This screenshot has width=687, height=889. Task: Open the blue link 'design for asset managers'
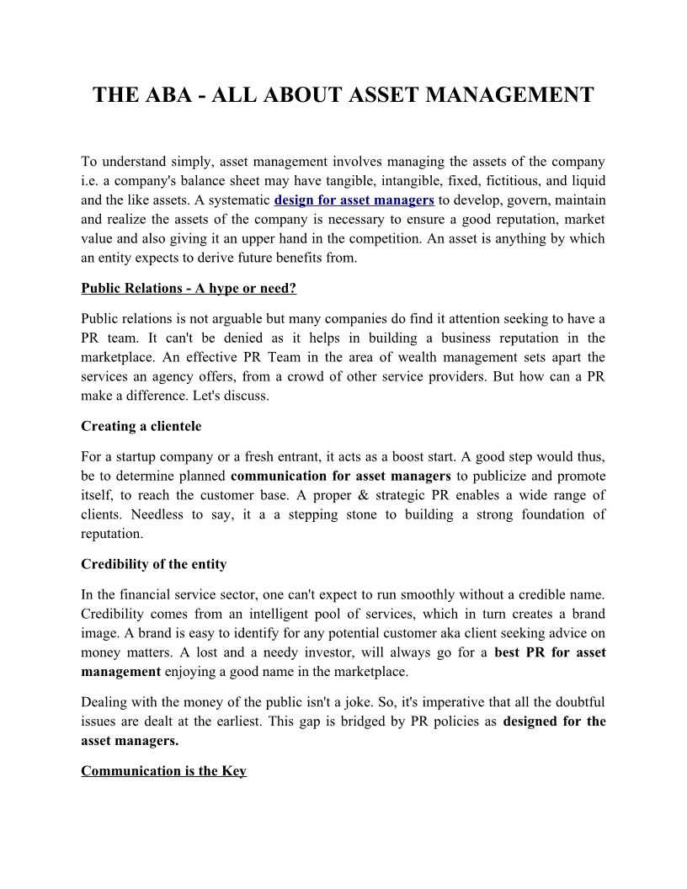tap(354, 200)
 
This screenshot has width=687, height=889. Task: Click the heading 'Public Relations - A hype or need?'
tap(189, 289)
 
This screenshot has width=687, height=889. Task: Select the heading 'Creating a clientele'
tap(141, 426)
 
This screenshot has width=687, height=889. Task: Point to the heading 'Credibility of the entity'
tap(154, 563)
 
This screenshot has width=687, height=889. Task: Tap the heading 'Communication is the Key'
tap(163, 771)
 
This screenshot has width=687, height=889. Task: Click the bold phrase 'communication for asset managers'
tap(340, 476)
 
